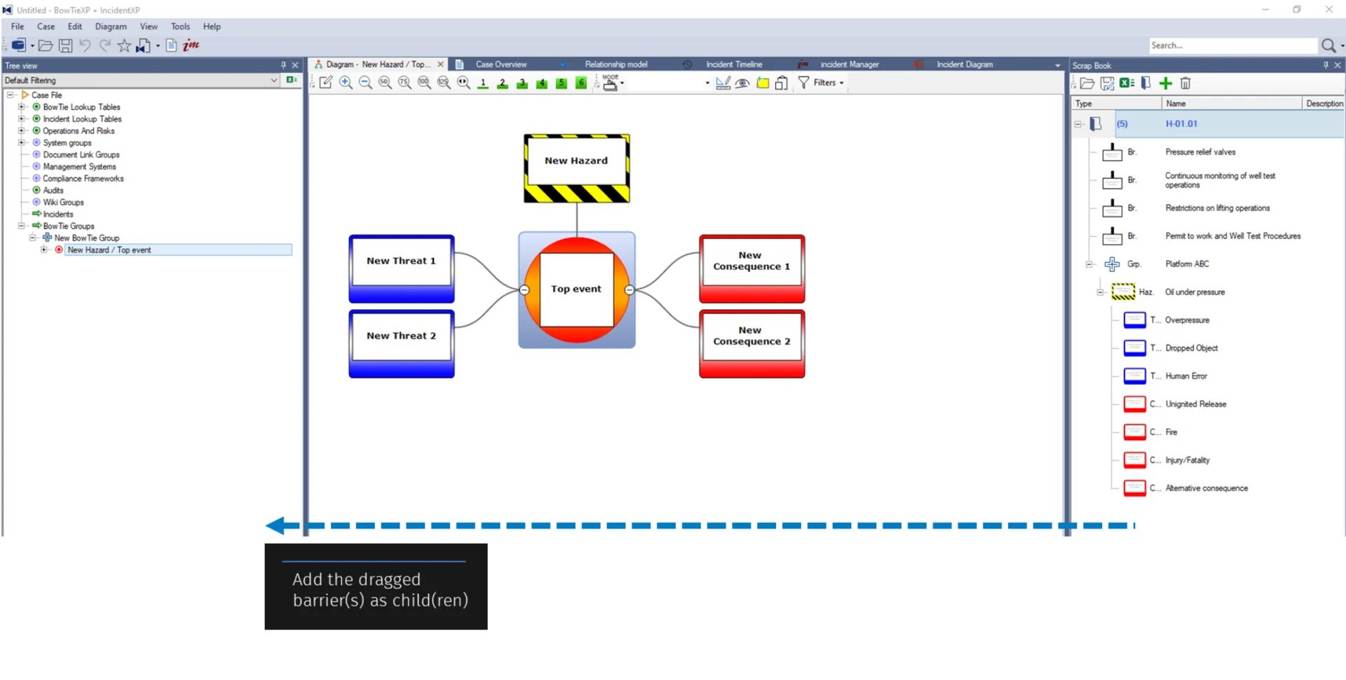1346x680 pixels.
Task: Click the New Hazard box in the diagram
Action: [577, 168]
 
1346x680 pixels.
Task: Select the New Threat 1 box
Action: [402, 268]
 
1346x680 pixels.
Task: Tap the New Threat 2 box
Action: [402, 344]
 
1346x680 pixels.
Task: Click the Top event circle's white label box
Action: [576, 289]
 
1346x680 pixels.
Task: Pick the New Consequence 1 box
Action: [752, 268]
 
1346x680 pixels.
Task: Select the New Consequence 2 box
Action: [752, 344]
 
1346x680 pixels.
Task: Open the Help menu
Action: [212, 27]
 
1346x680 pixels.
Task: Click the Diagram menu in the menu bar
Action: [111, 27]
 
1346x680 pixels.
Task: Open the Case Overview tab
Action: [501, 64]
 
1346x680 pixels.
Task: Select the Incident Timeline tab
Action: [734, 64]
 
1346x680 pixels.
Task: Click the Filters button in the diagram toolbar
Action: [821, 83]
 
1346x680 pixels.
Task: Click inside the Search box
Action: [1232, 46]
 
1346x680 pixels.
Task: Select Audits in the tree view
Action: [53, 191]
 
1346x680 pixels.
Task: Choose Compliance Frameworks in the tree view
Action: [83, 179]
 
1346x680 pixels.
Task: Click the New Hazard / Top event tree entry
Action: [109, 250]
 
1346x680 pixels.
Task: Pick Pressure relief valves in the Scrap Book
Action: [1200, 152]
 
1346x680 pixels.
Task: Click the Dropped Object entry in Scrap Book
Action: [1191, 348]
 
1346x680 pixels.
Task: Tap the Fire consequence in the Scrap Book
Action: [1171, 433]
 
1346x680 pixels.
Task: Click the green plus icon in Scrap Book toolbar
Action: [1165, 83]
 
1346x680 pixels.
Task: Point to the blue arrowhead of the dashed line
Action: [274, 525]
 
